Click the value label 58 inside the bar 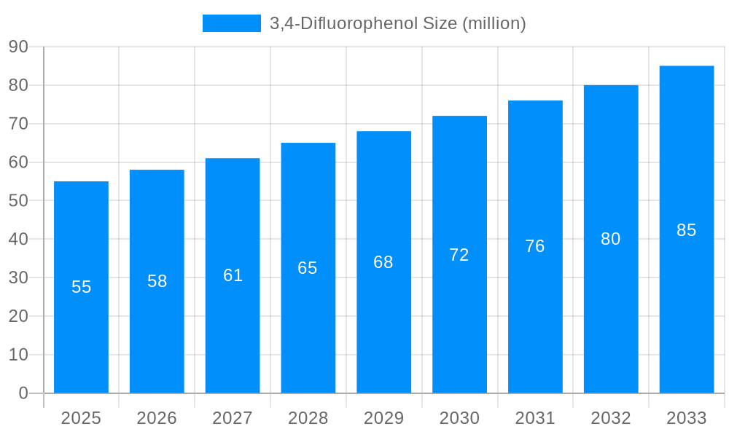click(x=157, y=281)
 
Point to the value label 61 click(x=233, y=275)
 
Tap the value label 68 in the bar click(x=383, y=262)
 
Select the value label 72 click(x=459, y=255)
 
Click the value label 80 click(x=610, y=239)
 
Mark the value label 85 click(x=686, y=230)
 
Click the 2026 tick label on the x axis click(x=157, y=418)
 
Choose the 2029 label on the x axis click(x=383, y=418)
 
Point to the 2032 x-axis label click(x=610, y=418)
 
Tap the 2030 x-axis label click(x=459, y=418)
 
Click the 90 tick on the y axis click(x=18, y=47)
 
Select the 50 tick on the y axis click(x=18, y=200)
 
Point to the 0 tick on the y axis click(x=23, y=393)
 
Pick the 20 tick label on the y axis click(x=18, y=316)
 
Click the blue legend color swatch click(x=231, y=23)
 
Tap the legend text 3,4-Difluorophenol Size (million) click(x=397, y=23)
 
